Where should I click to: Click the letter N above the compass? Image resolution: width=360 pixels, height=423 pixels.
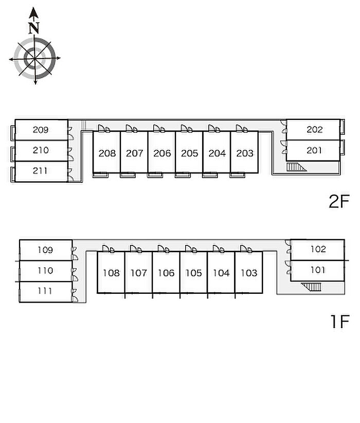(34, 28)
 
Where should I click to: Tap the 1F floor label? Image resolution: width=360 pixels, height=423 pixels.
(339, 322)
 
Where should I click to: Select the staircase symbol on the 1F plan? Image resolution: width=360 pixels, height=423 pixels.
(310, 287)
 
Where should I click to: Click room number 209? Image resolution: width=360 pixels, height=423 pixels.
(41, 130)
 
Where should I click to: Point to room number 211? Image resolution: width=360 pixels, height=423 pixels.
(41, 171)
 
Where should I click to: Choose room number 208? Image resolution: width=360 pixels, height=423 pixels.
(107, 153)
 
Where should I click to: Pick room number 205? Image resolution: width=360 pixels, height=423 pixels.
(189, 153)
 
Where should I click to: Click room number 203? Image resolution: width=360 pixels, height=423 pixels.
(245, 153)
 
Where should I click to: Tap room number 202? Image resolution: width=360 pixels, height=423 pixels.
(314, 130)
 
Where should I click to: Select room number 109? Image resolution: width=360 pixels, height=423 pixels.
(45, 250)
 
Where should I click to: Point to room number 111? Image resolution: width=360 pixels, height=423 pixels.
(45, 291)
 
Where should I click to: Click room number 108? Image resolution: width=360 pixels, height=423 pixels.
(111, 273)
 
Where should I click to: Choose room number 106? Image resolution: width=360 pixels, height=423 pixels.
(166, 273)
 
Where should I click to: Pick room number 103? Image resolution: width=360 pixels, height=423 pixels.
(249, 273)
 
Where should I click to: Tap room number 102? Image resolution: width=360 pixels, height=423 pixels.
(318, 250)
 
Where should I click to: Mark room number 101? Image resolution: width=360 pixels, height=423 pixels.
(318, 270)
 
